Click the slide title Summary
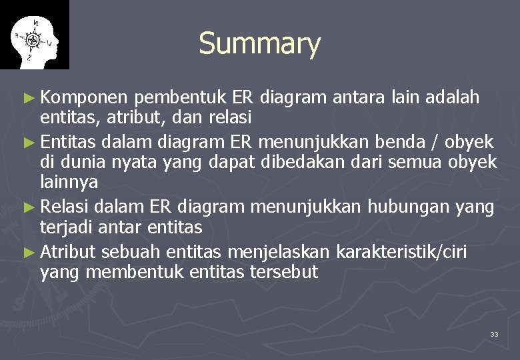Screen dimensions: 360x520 (x=259, y=44)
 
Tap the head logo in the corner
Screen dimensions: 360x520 (x=34, y=35)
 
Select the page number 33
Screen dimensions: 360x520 (x=494, y=334)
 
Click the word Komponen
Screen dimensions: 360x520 (x=84, y=98)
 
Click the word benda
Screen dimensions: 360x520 (x=387, y=141)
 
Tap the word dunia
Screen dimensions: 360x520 (x=87, y=162)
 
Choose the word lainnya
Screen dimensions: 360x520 (x=69, y=183)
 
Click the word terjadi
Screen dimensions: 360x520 (x=67, y=227)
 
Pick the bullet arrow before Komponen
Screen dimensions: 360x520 (x=31, y=99)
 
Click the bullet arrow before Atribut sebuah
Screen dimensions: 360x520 (x=31, y=252)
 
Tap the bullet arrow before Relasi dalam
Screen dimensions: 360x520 (x=31, y=207)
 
